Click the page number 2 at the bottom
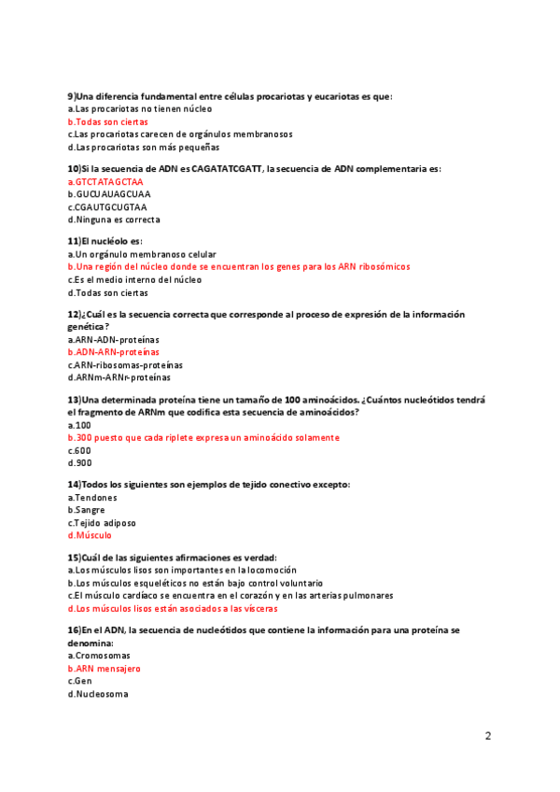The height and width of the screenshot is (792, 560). click(x=488, y=735)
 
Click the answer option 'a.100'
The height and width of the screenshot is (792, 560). click(x=79, y=425)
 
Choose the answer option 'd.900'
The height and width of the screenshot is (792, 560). click(x=79, y=462)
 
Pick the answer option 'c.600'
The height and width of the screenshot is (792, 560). click(x=79, y=450)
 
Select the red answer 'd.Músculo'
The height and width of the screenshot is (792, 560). click(x=90, y=535)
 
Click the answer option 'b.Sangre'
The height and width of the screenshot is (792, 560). click(x=86, y=510)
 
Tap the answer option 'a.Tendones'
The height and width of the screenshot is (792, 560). click(x=92, y=498)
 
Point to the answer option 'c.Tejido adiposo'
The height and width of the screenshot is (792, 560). click(x=102, y=523)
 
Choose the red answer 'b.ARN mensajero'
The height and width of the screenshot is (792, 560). click(x=105, y=669)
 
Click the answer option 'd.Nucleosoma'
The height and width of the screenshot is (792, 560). click(x=98, y=694)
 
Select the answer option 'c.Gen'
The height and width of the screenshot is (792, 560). click(x=83, y=681)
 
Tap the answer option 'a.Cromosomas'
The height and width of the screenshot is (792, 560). click(x=98, y=656)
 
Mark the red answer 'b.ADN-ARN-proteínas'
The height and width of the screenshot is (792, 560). click(x=114, y=352)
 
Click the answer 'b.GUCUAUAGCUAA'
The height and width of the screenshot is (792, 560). click(x=109, y=194)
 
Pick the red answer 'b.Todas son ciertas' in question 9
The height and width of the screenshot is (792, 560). click(x=108, y=121)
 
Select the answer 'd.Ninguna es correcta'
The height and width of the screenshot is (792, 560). click(x=114, y=219)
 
